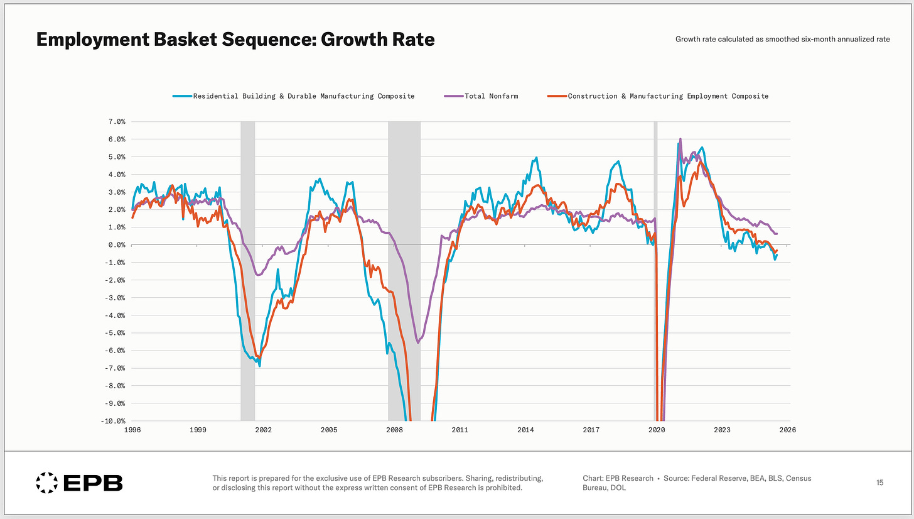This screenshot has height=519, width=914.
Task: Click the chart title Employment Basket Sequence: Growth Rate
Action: point(235,40)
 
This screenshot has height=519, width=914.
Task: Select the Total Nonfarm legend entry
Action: point(491,96)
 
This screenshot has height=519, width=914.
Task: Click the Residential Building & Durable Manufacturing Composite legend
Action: point(304,96)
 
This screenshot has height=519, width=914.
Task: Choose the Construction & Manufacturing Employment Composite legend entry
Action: point(668,96)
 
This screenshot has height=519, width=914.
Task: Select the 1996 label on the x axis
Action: point(132,430)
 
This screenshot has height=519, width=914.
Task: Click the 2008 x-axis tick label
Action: point(394,430)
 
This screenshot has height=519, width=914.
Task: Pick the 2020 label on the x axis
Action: point(657,430)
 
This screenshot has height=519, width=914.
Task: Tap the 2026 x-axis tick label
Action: point(788,430)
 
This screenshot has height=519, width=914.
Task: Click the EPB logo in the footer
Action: point(79,483)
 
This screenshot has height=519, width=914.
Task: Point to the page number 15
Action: point(879,483)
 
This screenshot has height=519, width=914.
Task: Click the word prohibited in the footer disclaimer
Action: point(503,488)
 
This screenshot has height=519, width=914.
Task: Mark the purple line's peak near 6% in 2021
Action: point(680,139)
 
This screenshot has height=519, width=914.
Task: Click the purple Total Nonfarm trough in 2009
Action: point(418,343)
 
